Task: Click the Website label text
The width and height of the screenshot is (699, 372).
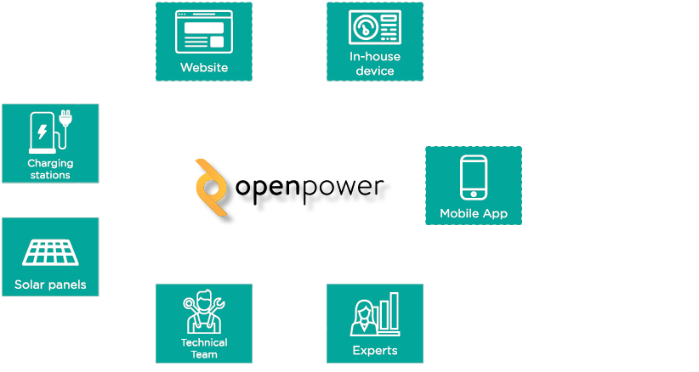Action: pyautogui.click(x=204, y=67)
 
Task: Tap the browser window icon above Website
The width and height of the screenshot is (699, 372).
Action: pyautogui.click(x=204, y=30)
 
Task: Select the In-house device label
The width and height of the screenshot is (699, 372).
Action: pyautogui.click(x=375, y=64)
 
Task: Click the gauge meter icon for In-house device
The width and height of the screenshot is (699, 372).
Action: pyautogui.click(x=364, y=27)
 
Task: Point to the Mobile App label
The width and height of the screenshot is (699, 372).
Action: pyautogui.click(x=474, y=213)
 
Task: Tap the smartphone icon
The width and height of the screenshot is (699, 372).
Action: pyautogui.click(x=474, y=177)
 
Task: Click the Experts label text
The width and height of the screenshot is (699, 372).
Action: pyautogui.click(x=375, y=350)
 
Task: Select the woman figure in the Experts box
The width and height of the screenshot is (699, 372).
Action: pyautogui.click(x=363, y=318)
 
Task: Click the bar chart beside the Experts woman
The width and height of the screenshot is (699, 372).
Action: pyautogui.click(x=389, y=314)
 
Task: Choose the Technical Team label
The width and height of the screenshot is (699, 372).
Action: pyautogui.click(x=204, y=348)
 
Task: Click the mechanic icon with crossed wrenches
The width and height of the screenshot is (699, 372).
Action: pyautogui.click(x=204, y=312)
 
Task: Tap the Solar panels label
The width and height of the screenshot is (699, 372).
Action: pyautogui.click(x=50, y=285)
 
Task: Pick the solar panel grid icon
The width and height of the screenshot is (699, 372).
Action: pyautogui.click(x=50, y=252)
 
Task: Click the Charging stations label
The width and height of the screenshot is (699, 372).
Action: pyautogui.click(x=50, y=169)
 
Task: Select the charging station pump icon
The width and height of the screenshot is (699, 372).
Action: pyautogui.click(x=42, y=132)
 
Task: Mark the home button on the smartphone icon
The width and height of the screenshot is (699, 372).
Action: pyautogui.click(x=474, y=195)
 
